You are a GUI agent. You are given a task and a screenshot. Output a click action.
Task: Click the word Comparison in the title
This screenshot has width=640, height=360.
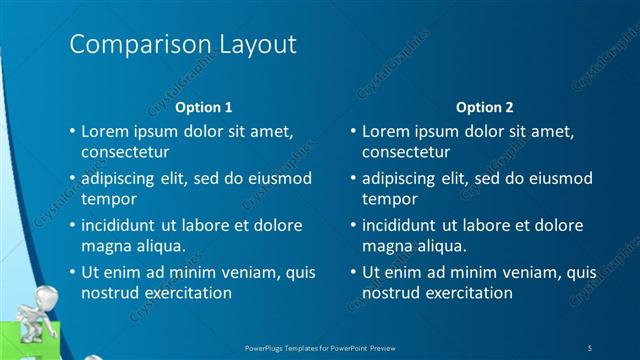click(x=131, y=45)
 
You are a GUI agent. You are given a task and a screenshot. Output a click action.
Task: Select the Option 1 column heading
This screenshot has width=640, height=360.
click(x=204, y=106)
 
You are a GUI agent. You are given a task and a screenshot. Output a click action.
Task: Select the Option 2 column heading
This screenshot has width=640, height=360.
click(x=484, y=106)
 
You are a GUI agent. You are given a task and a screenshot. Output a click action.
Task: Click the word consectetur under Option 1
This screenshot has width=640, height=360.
click(x=125, y=152)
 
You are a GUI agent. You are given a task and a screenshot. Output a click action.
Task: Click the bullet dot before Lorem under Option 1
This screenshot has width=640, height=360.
click(x=71, y=131)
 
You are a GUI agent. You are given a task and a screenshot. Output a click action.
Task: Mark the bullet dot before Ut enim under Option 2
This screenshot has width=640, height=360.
click(x=352, y=272)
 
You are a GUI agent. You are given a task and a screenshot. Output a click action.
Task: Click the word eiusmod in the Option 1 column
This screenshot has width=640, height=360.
click(x=279, y=178)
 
